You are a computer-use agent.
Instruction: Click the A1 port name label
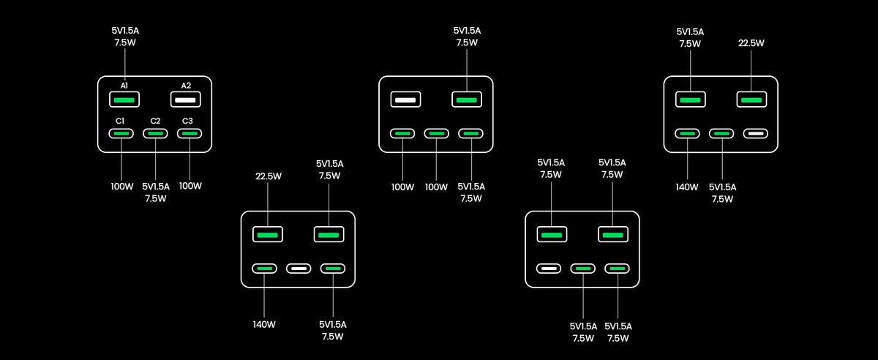click(124, 86)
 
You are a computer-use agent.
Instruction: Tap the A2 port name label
click(186, 86)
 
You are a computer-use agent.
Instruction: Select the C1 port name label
click(120, 121)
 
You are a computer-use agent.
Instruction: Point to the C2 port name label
click(155, 121)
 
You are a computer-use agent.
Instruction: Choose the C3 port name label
click(187, 121)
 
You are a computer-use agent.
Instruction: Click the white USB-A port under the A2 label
click(185, 100)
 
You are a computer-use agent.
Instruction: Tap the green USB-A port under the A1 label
click(124, 100)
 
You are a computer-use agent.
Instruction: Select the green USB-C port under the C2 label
click(155, 133)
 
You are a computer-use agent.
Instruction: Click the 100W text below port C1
click(122, 187)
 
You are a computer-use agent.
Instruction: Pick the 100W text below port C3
click(190, 186)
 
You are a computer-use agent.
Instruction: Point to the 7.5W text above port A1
click(125, 42)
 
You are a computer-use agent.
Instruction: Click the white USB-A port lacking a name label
click(405, 100)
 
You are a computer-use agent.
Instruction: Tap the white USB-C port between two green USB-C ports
click(299, 269)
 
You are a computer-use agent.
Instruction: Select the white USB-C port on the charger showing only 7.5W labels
click(549, 269)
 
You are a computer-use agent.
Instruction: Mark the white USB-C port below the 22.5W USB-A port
click(756, 133)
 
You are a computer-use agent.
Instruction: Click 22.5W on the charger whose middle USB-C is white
click(269, 176)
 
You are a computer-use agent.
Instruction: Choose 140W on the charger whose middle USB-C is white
click(264, 324)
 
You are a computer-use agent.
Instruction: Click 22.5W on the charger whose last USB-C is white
click(751, 43)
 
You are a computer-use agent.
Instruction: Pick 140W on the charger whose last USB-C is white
click(687, 187)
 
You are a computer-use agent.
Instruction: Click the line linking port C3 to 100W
click(190, 159)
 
